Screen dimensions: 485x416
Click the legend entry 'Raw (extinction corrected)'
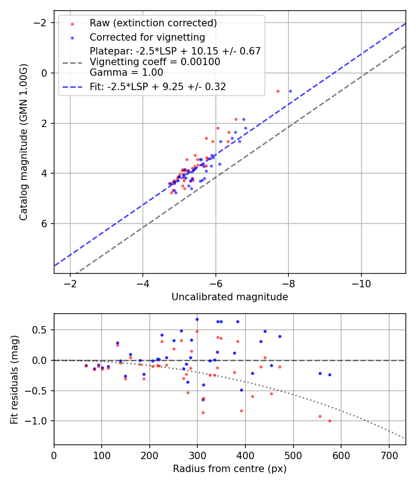(x=153, y=23)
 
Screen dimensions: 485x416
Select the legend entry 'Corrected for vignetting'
(x=147, y=37)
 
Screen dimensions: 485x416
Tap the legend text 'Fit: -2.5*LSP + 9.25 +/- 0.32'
(x=158, y=86)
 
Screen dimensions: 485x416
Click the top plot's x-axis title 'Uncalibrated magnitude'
(x=230, y=297)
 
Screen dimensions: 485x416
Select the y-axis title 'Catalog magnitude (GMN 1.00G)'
(x=24, y=142)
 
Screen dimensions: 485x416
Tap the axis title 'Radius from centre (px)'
(x=230, y=469)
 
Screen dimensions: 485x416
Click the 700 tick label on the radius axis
(x=389, y=455)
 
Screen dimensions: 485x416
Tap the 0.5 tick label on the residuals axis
(x=43, y=330)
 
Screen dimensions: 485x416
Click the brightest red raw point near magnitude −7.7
(x=278, y=91)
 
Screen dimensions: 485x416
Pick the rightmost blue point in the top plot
(x=290, y=91)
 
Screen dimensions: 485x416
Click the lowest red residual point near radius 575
(x=330, y=421)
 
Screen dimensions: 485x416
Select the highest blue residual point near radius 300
(x=197, y=319)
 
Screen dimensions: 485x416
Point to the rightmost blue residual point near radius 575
(x=330, y=375)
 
